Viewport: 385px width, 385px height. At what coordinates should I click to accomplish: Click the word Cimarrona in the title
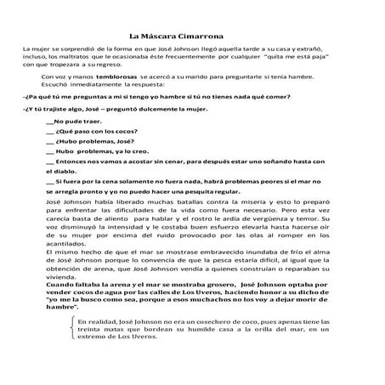pyautogui.click(x=209, y=37)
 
